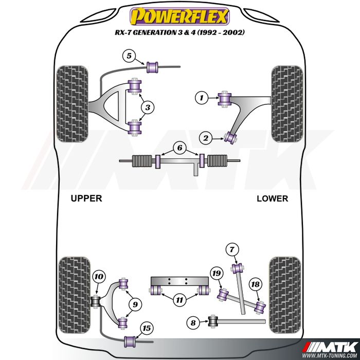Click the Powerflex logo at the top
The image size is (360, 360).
point(179,17)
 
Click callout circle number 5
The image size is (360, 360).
point(129,56)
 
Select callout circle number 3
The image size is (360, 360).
point(148,107)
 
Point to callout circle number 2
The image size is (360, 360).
point(206,138)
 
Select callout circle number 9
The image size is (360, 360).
point(135,305)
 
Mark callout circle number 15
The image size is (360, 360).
point(147,328)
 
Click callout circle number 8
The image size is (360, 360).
point(193,323)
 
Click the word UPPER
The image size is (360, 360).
point(86,198)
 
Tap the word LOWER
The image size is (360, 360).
point(272,199)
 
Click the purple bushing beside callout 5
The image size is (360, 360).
point(152,66)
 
